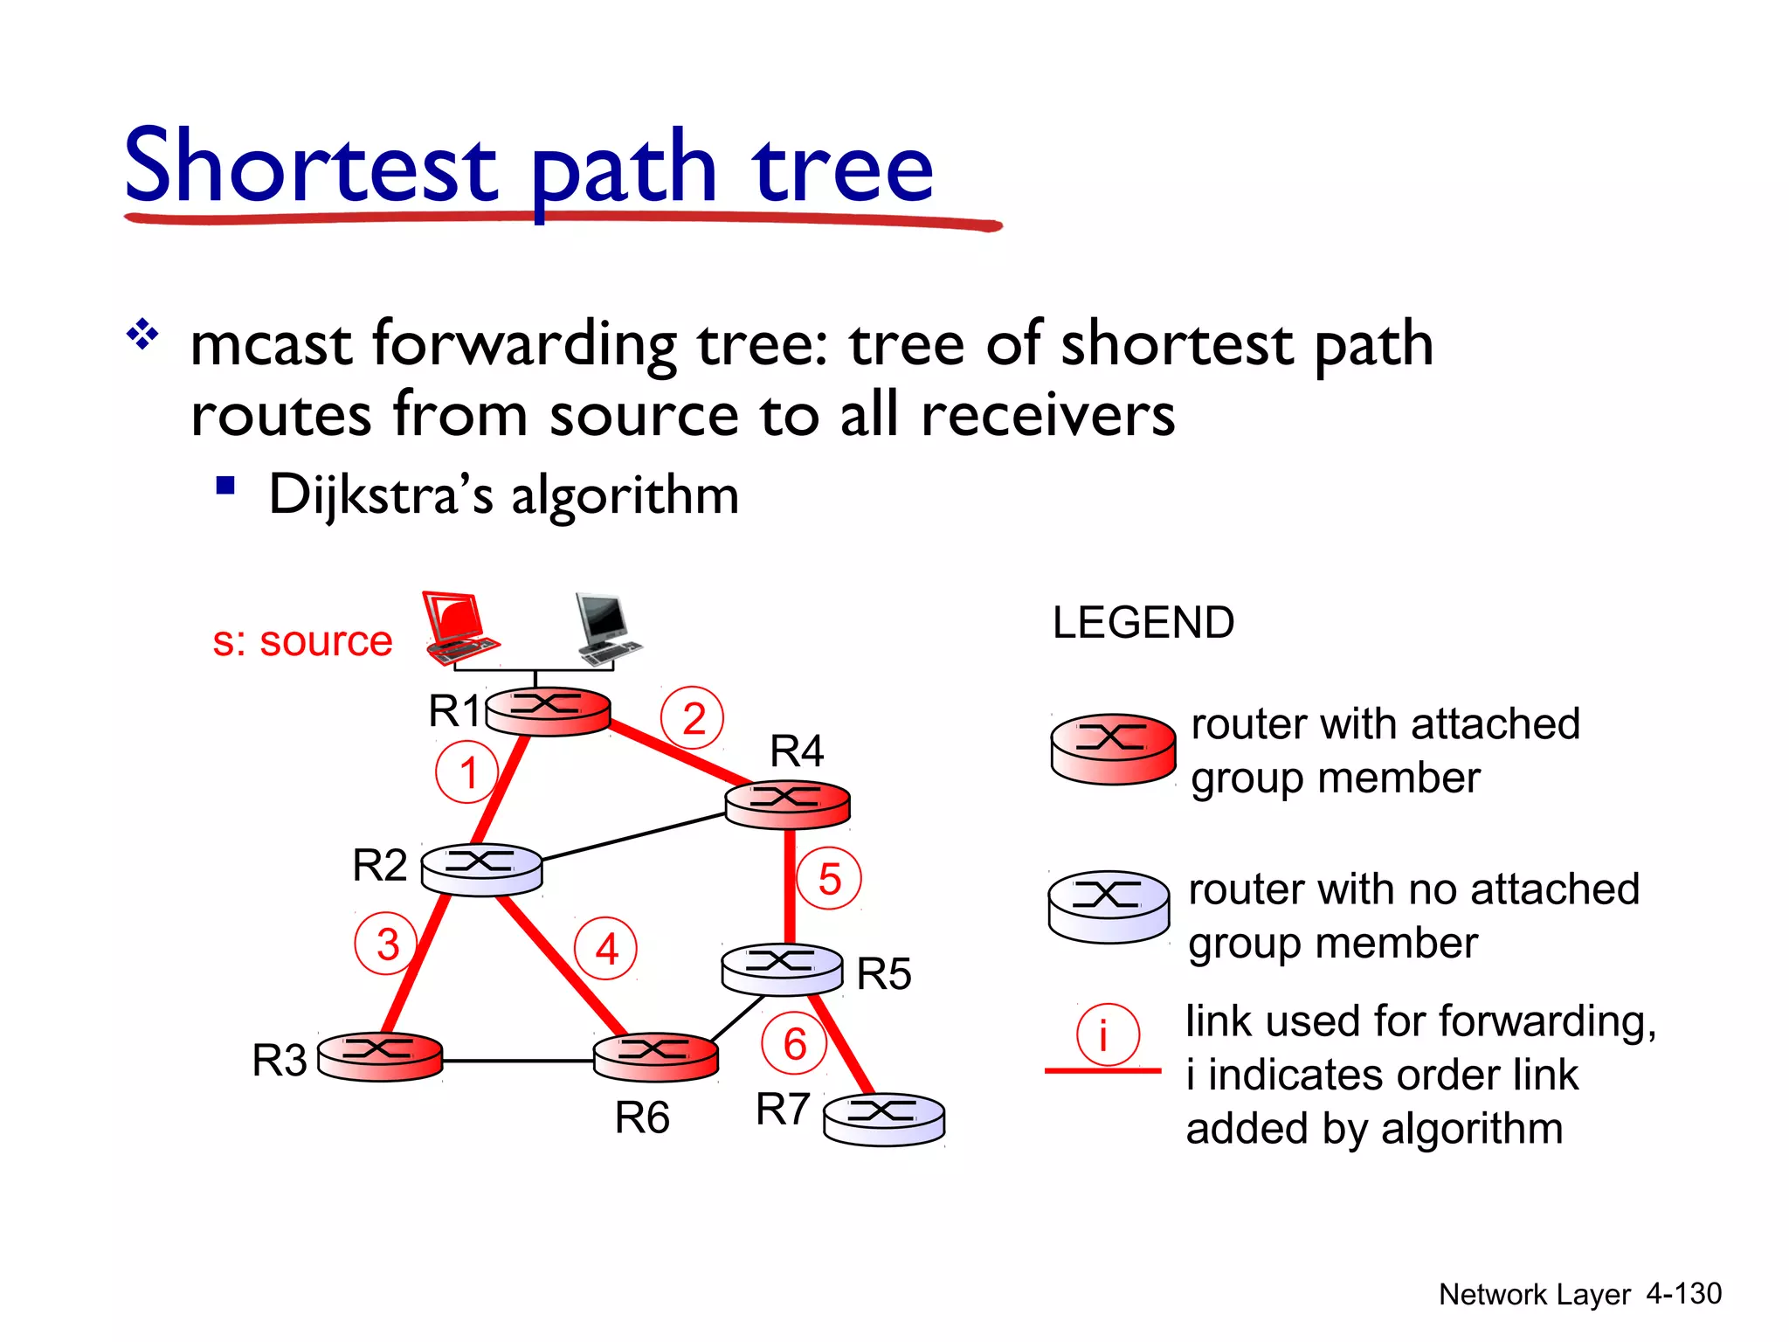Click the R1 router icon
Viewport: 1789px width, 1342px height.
coord(548,711)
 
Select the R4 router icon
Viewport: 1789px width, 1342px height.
coord(787,804)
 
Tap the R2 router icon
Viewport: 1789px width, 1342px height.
coord(481,869)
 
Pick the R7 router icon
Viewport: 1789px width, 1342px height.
coord(884,1119)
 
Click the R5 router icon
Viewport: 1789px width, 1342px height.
coord(782,969)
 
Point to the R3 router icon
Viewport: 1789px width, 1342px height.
coord(380,1057)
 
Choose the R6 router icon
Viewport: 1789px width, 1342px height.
coord(655,1056)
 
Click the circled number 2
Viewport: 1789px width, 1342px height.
coord(693,719)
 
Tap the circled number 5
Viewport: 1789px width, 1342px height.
coord(829,879)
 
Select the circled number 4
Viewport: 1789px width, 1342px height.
coord(606,949)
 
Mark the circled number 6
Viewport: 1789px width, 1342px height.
coord(794,1043)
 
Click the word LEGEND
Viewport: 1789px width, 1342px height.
coord(1143,623)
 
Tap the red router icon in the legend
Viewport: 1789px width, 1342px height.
coord(1113,749)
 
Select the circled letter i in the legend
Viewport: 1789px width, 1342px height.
coord(1107,1035)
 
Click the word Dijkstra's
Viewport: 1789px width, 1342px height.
coord(381,495)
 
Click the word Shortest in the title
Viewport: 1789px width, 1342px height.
coord(310,166)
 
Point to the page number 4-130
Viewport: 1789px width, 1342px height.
coord(1682,1293)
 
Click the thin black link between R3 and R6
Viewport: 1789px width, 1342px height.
coord(517,1061)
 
